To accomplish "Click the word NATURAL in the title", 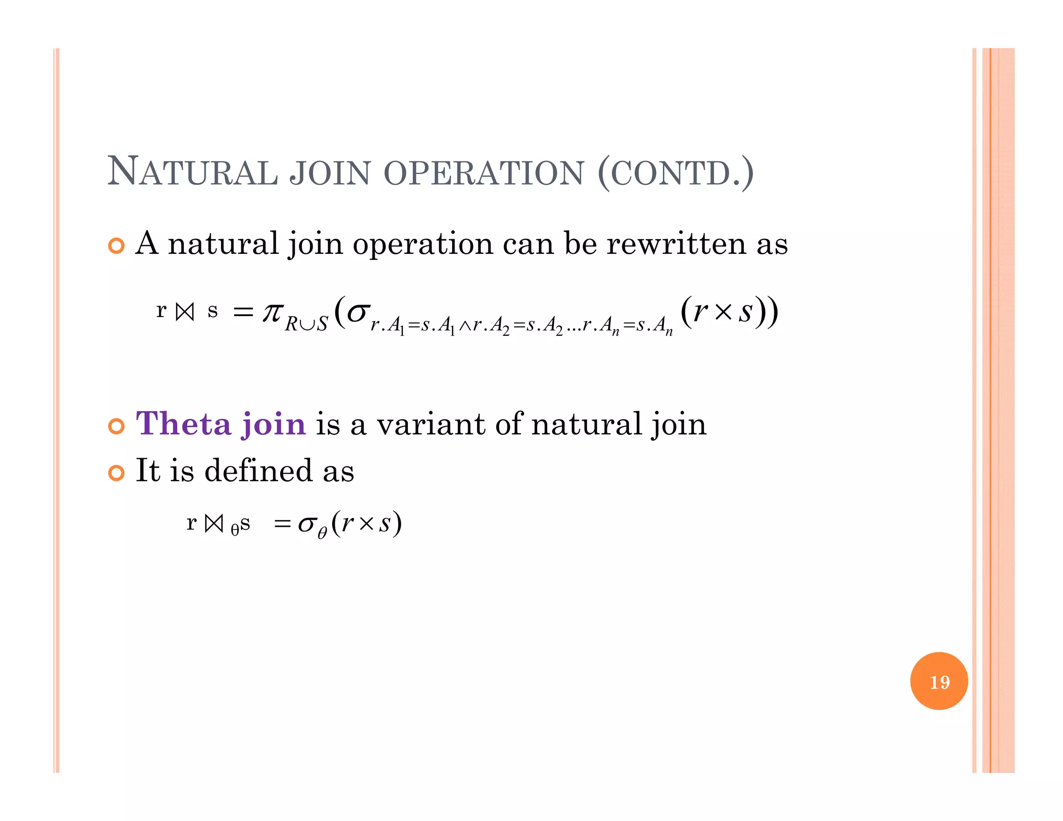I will [x=192, y=172].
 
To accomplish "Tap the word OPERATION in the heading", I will [x=484, y=173].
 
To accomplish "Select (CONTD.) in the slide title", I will [x=675, y=173].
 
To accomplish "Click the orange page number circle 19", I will [x=939, y=681].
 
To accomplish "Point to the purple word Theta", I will [x=183, y=424].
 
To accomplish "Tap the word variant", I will [x=431, y=424].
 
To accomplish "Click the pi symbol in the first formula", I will [x=272, y=312].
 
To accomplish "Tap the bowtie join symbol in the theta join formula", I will [x=214, y=523].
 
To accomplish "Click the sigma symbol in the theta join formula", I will [x=307, y=524].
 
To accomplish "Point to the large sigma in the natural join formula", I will [x=358, y=312].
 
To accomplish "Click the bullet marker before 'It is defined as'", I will [x=117, y=473].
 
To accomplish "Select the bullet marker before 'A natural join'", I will [x=117, y=246].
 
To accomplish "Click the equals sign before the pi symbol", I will [x=243, y=312].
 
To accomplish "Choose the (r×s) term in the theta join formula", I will [x=366, y=523].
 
